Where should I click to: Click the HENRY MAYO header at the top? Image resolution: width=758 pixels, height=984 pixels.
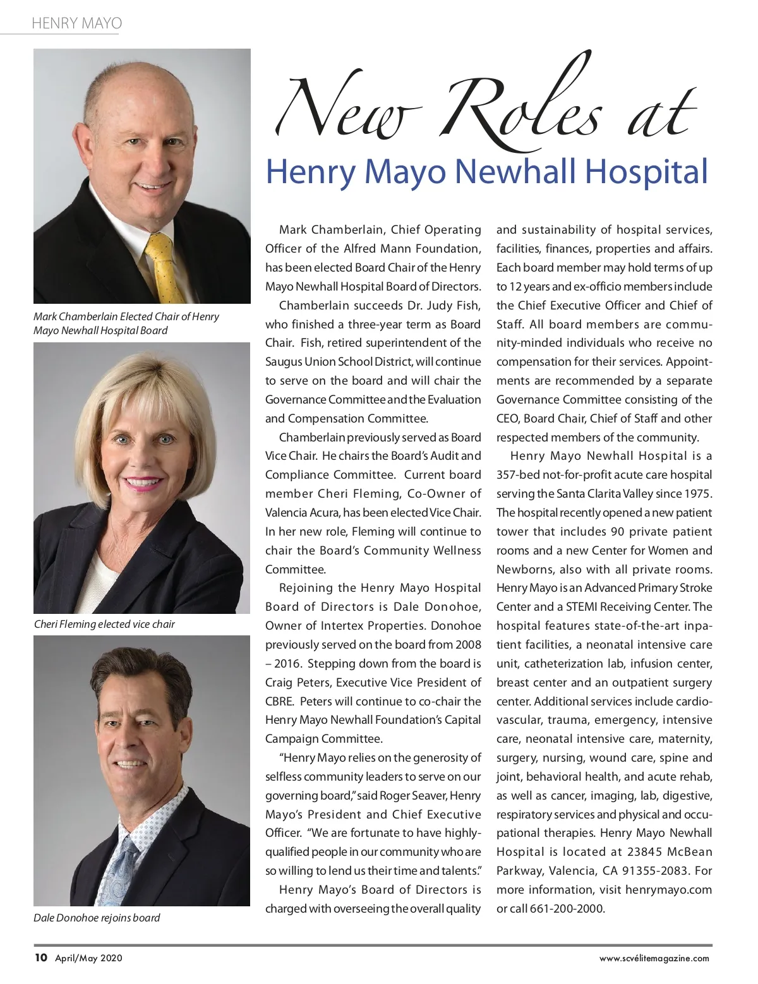click(x=76, y=23)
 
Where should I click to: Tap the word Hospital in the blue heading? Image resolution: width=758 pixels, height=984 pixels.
click(x=646, y=171)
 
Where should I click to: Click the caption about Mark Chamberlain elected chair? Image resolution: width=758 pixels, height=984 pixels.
click(x=126, y=323)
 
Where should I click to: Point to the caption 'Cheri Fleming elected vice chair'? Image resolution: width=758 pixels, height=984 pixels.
click(x=104, y=624)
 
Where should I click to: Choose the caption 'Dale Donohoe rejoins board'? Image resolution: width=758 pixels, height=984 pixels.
click(x=97, y=918)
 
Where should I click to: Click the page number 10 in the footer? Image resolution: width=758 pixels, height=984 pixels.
click(x=40, y=957)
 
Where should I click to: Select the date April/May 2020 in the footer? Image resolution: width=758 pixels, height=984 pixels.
click(x=88, y=958)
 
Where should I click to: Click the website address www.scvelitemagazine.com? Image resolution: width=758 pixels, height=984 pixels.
click(x=654, y=958)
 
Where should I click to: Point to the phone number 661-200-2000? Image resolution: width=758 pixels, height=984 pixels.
click(x=567, y=909)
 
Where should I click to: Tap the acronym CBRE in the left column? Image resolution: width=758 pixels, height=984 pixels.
click(x=279, y=702)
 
